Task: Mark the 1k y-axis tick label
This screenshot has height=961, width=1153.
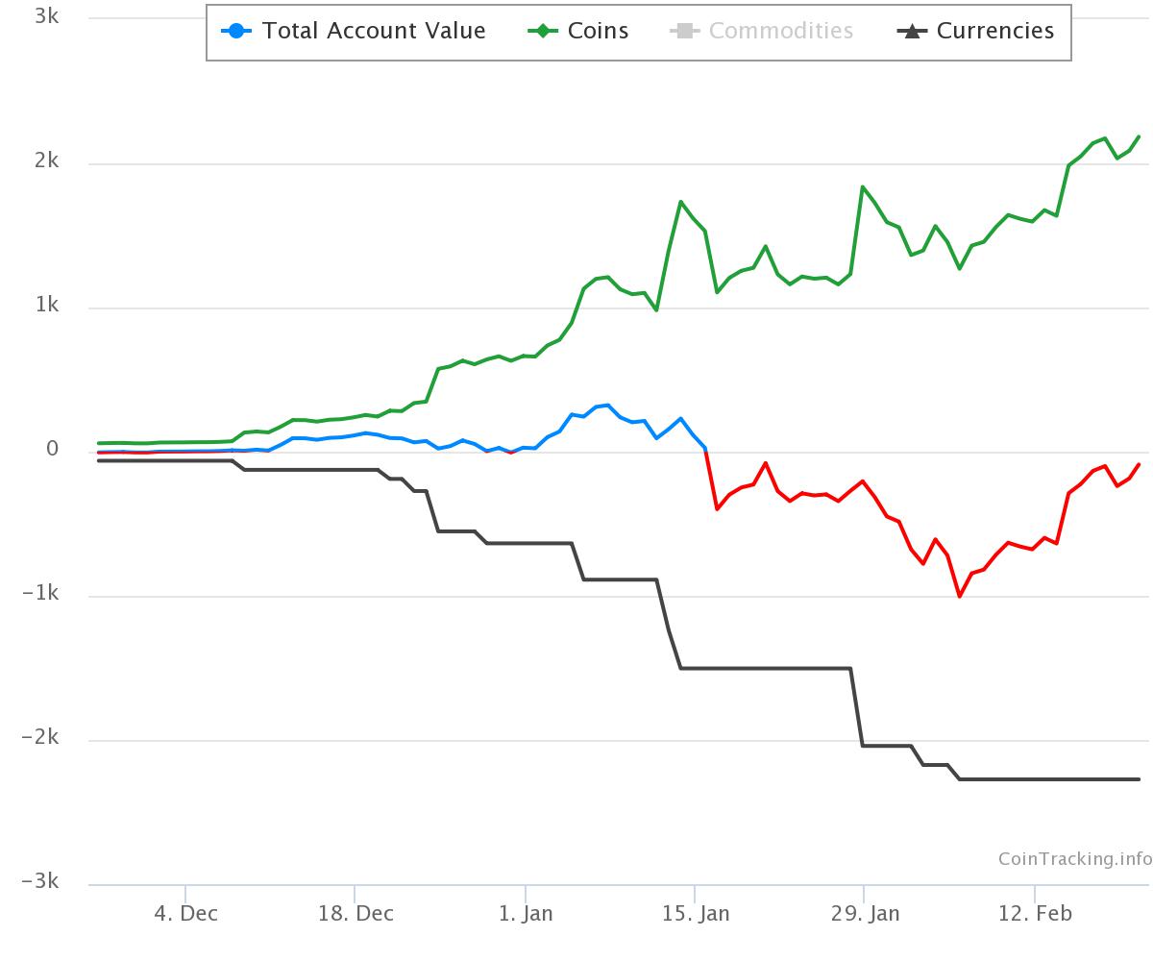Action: pyautogui.click(x=46, y=306)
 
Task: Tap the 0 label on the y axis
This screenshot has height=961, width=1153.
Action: pyautogui.click(x=53, y=450)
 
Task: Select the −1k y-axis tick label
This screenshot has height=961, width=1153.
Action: pyautogui.click(x=40, y=594)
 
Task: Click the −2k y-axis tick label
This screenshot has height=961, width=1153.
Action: pyautogui.click(x=40, y=738)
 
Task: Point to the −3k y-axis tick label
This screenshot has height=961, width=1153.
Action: pyautogui.click(x=40, y=882)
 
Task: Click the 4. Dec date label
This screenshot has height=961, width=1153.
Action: pyautogui.click(x=185, y=913)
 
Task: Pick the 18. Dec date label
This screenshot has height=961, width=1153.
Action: pyautogui.click(x=355, y=913)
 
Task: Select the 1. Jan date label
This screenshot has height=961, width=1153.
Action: pyautogui.click(x=526, y=913)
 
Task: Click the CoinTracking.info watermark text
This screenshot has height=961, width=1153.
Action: pyautogui.click(x=1074, y=859)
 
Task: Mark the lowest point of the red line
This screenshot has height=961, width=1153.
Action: pyautogui.click(x=959, y=596)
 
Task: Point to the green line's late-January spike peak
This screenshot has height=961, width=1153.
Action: pyautogui.click(x=863, y=186)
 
